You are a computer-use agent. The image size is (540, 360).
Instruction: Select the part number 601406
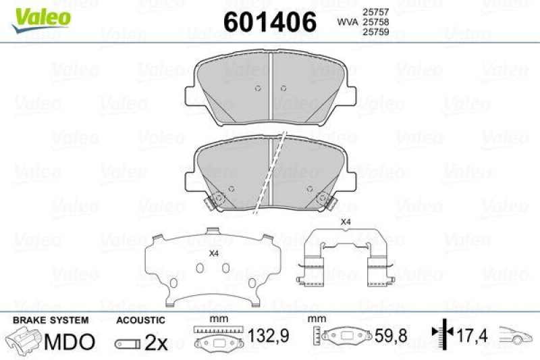point(269,22)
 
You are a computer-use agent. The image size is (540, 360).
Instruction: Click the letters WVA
point(348,22)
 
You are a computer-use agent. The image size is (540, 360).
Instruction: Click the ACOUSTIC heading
point(140,320)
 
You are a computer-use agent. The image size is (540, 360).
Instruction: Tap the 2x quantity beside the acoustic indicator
point(156,342)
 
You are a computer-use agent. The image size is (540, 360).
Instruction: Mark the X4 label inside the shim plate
point(214,253)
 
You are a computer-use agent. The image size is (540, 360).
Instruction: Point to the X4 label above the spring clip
point(345,222)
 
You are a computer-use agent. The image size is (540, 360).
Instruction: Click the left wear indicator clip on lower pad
point(217,201)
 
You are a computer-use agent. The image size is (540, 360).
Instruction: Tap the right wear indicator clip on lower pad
point(324,201)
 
